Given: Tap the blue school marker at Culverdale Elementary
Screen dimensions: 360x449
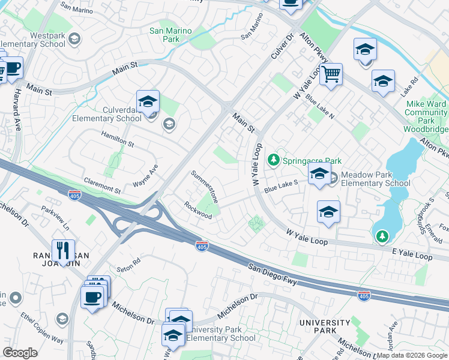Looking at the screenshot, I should tap(148, 103).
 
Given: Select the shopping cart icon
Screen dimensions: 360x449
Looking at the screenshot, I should tap(331, 75).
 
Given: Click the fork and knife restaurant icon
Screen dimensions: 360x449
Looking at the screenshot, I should tap(63, 250).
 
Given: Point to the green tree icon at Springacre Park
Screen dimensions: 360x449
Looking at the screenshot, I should tap(274, 160).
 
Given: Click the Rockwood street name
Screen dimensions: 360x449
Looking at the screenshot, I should tap(198, 211).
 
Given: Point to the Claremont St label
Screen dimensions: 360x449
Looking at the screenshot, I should tap(103, 184).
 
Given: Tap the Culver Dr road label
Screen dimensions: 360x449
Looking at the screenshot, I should tap(280, 47).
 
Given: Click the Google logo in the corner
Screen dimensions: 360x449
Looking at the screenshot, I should tap(20, 353).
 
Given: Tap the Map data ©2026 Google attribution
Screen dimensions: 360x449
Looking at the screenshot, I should tap(412, 356).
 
